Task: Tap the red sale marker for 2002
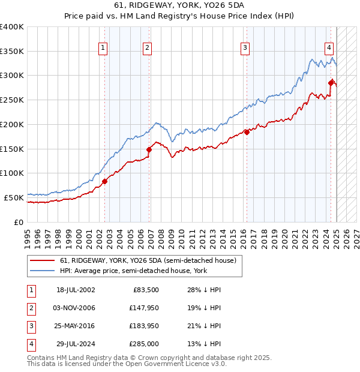click(x=104, y=181)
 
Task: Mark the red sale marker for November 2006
click(x=149, y=149)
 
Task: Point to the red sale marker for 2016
click(x=247, y=132)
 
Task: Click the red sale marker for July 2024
click(x=331, y=82)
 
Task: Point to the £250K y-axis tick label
click(x=12, y=100)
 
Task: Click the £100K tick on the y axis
click(x=12, y=173)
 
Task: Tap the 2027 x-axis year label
click(x=356, y=236)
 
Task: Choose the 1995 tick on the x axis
click(x=28, y=236)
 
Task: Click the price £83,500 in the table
click(x=144, y=290)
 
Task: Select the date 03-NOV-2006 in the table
click(x=75, y=308)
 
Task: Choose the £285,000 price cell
click(x=143, y=344)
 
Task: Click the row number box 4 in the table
click(x=31, y=344)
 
